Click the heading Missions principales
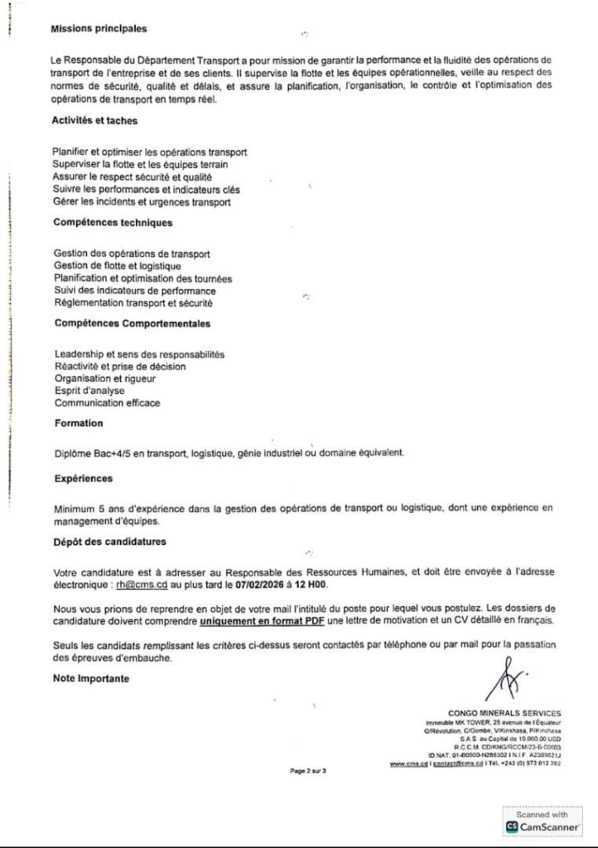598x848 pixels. point(99,29)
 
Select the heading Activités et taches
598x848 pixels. point(94,121)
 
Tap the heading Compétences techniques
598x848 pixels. point(113,223)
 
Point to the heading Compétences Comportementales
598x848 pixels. point(132,324)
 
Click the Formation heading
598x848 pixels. point(79,423)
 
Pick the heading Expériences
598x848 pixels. point(83,479)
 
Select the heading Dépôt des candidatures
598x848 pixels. point(109,542)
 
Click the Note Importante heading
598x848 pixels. point(91,678)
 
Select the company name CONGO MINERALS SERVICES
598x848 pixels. point(504,713)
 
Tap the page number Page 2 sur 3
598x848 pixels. point(308,771)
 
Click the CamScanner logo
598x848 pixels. point(542,826)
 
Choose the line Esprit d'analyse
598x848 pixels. point(89,391)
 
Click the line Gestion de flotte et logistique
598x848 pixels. point(117,266)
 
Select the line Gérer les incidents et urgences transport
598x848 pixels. point(141,202)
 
